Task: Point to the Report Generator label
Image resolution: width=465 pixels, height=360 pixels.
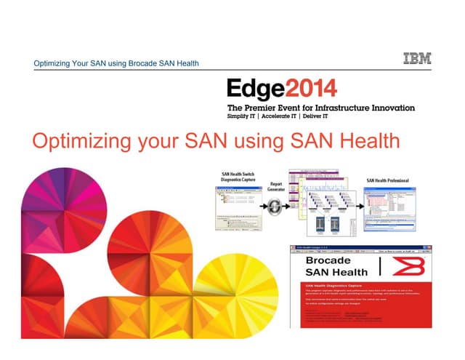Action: (275, 188)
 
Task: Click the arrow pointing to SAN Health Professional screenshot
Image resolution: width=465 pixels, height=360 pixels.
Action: (359, 206)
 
